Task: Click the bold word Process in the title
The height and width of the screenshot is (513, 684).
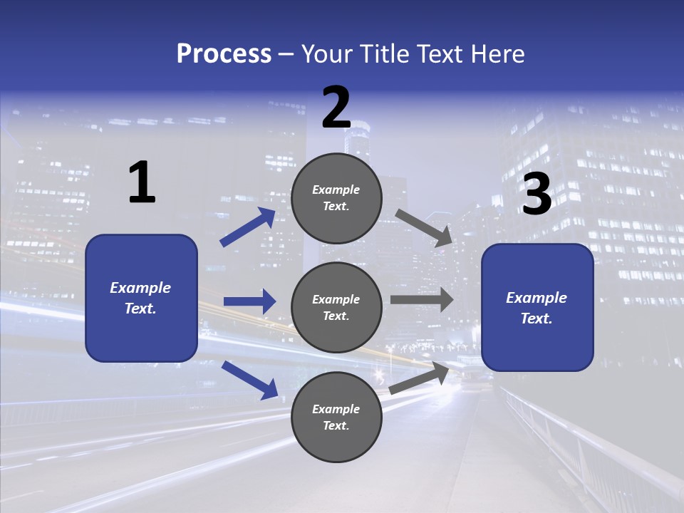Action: click(224, 54)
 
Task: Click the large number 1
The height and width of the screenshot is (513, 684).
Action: click(142, 184)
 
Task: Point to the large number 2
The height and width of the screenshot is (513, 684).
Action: click(336, 108)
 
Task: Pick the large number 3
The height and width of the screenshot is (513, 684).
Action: click(537, 195)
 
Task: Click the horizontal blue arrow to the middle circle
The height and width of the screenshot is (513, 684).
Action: click(249, 301)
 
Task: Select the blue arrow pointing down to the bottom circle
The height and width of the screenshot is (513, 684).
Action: click(250, 380)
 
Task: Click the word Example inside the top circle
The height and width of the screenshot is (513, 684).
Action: click(336, 190)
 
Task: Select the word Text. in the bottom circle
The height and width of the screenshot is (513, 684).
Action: click(336, 425)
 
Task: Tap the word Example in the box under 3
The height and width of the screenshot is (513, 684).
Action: click(537, 298)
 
